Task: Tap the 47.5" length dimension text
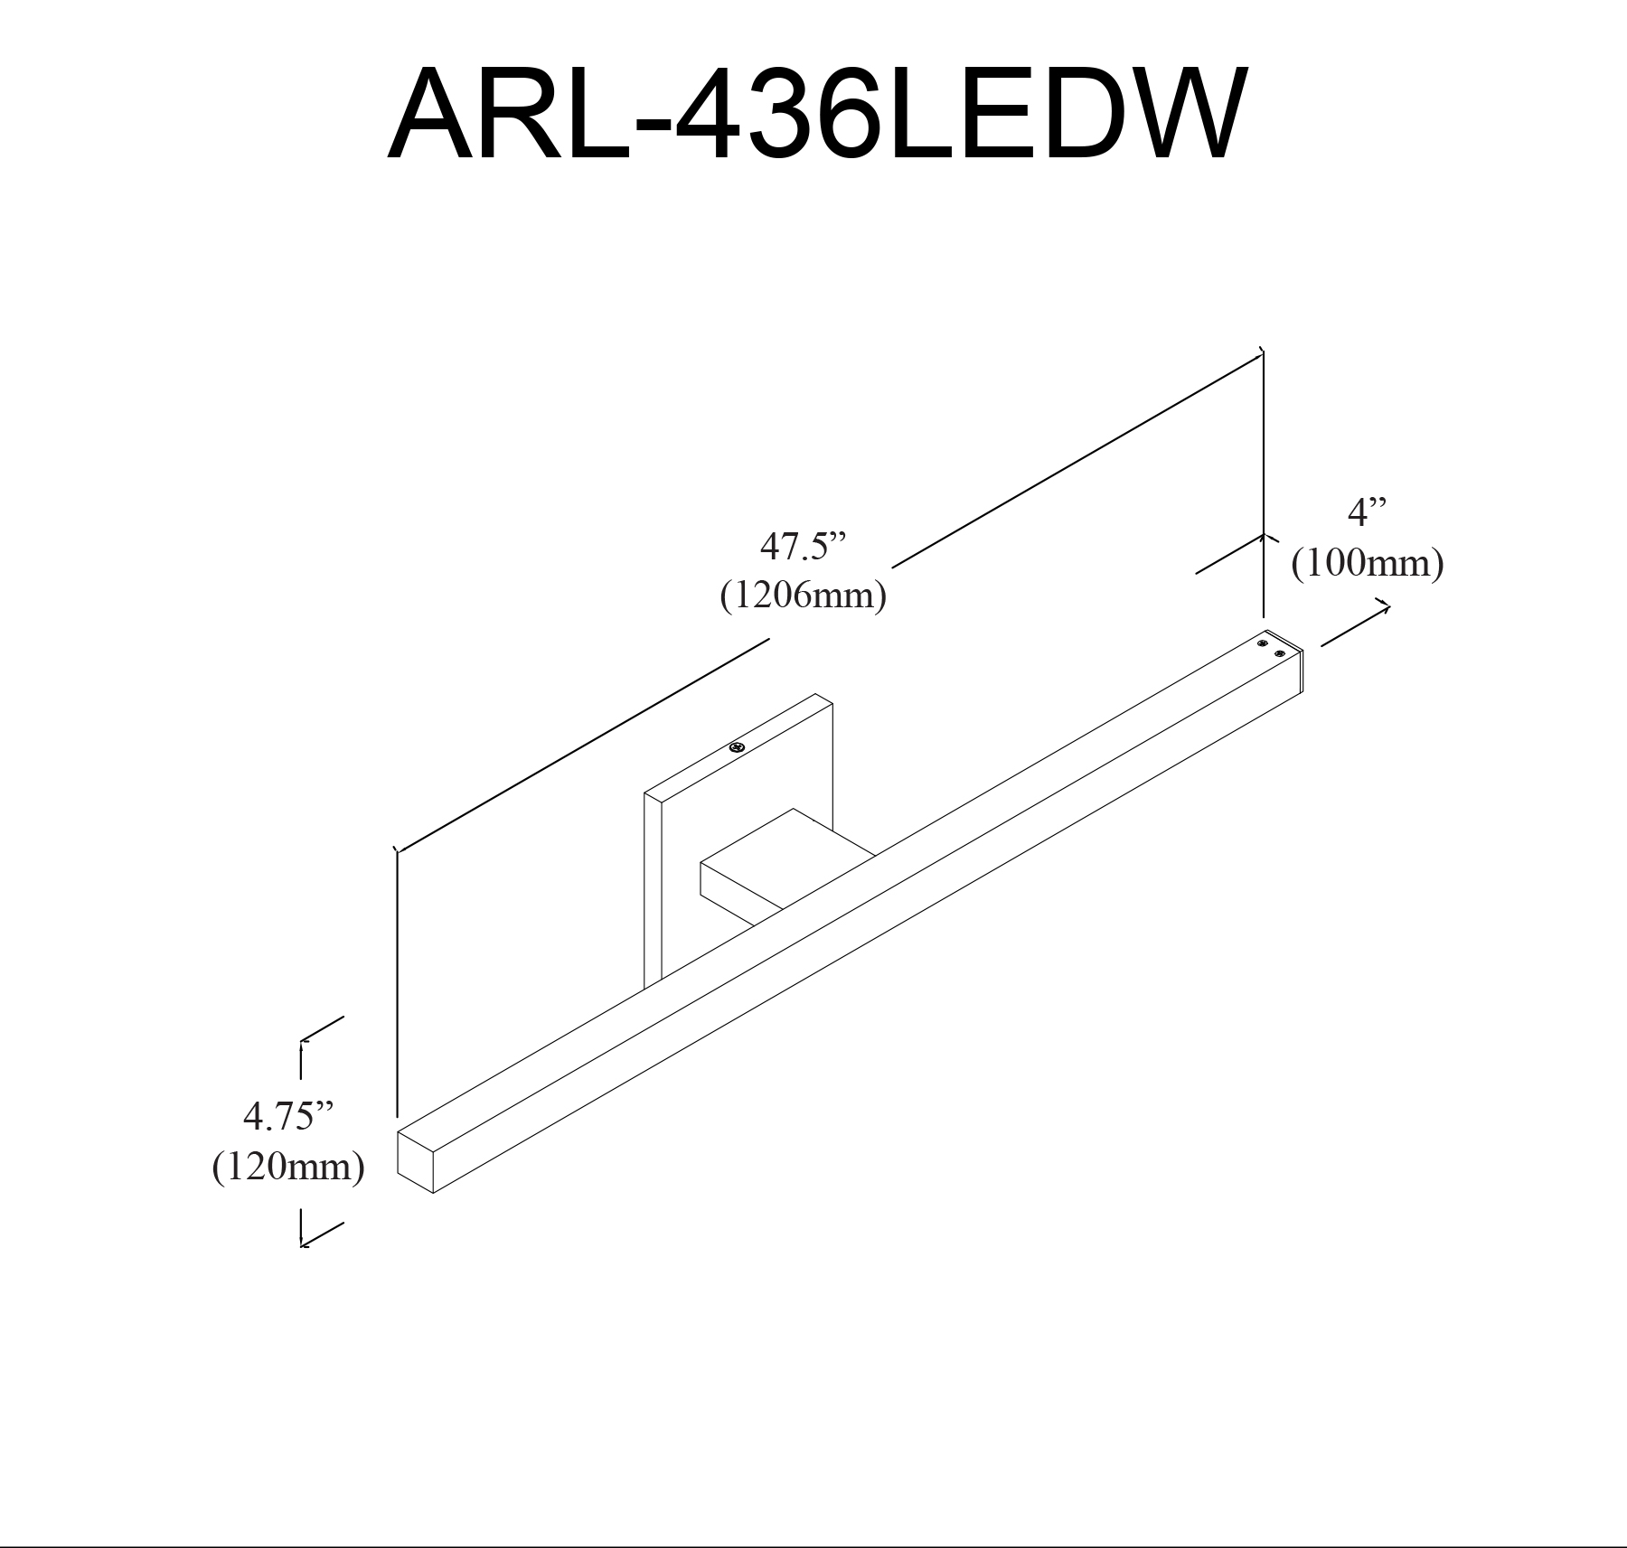[x=803, y=547]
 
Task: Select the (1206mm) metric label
[x=803, y=596]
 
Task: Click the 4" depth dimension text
[x=1367, y=513]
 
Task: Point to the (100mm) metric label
[x=1367, y=563]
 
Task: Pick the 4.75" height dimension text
[x=288, y=1117]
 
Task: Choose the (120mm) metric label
[x=288, y=1167]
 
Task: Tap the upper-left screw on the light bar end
[x=1263, y=643]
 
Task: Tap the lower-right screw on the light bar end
[x=1279, y=652]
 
